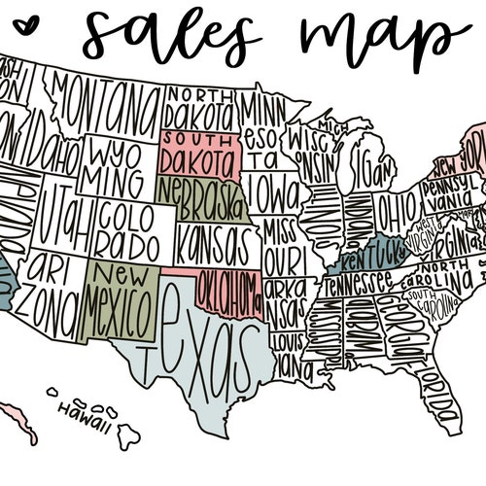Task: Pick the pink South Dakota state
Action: (198, 153)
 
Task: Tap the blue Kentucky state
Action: (367, 255)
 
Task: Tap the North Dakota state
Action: (199, 108)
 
